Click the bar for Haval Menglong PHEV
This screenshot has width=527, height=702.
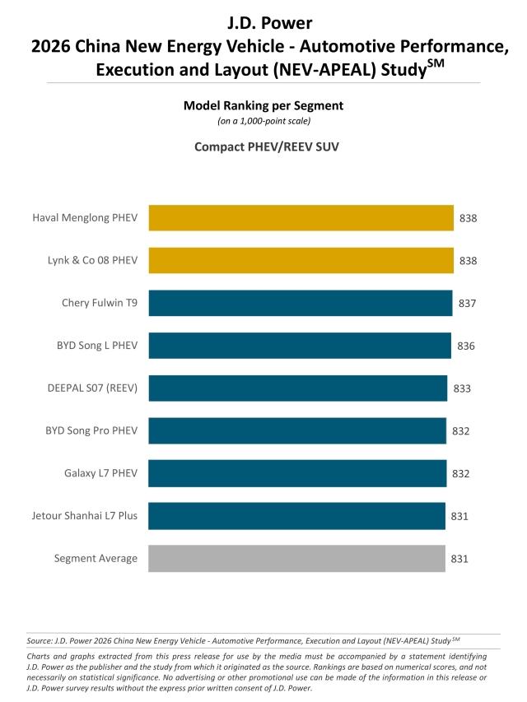301,218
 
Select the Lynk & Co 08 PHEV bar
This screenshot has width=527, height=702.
301,260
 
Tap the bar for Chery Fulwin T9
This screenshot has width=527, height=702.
301,303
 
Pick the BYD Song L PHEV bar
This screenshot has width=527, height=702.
300,346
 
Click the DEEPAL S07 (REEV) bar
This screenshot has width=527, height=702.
298,388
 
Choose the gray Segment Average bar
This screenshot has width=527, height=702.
296,558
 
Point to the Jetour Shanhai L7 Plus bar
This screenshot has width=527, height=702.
296,516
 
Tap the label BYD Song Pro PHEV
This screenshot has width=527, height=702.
91,430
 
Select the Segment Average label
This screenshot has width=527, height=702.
96,558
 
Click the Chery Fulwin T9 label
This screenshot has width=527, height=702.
100,303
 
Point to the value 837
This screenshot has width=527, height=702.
467,303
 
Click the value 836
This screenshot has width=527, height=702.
466,346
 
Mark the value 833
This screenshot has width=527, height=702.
462,388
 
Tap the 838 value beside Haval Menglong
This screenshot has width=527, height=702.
469,218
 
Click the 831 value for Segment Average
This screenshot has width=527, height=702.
459,558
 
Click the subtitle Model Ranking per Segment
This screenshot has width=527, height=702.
263,105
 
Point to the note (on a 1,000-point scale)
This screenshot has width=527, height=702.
263,121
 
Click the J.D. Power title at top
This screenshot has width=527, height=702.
263,20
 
